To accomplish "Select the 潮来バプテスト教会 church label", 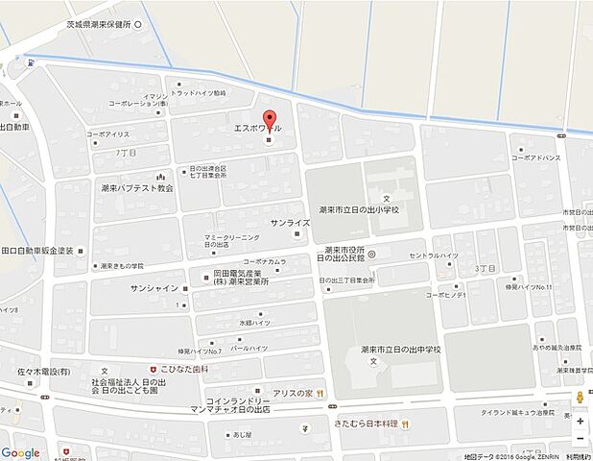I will click(133, 188).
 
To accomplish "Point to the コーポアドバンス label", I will click(534, 157).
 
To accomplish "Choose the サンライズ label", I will click(289, 223).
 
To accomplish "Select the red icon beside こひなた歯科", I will click(149, 366).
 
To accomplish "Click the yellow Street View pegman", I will click(579, 399).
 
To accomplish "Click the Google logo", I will click(21, 452).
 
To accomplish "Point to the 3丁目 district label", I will click(486, 270).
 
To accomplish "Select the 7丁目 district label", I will click(126, 153).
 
